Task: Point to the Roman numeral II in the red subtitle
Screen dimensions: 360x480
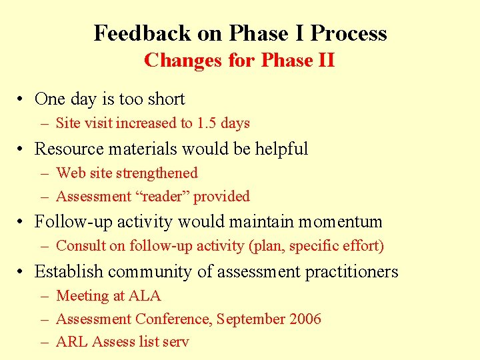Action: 326,61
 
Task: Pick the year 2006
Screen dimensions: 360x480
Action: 305,319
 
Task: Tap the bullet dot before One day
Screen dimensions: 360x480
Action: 22,100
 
